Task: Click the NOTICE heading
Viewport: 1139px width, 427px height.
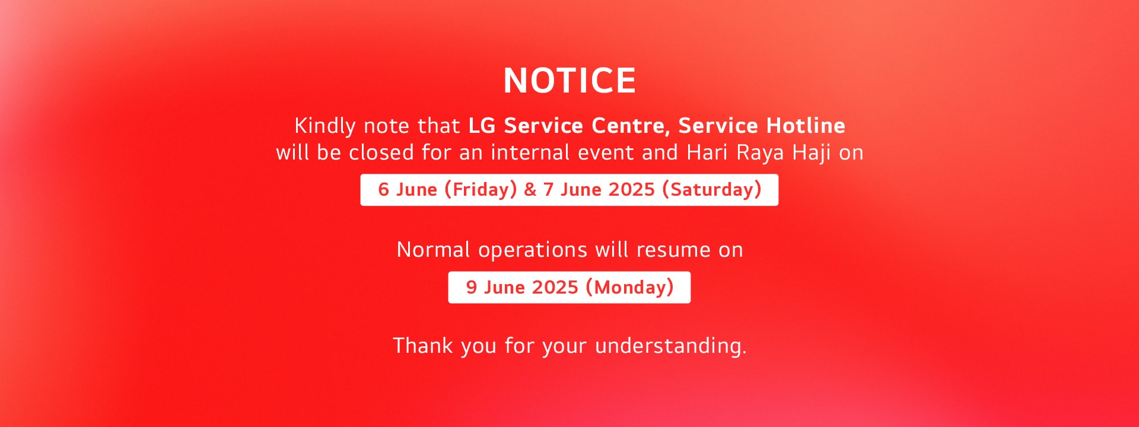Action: (569, 81)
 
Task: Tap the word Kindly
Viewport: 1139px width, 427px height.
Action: (325, 126)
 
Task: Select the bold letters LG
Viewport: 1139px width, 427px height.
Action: (482, 126)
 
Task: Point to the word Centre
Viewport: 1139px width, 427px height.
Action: (628, 126)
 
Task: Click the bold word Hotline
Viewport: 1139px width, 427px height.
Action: (806, 125)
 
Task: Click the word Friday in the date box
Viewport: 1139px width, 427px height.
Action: (481, 190)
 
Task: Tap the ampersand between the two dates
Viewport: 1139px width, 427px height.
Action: (530, 190)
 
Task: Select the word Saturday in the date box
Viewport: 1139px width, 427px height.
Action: (712, 190)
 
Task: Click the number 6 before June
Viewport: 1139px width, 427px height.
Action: (384, 190)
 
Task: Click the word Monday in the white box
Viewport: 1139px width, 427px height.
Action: (630, 288)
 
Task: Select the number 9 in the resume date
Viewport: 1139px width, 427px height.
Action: (472, 288)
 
